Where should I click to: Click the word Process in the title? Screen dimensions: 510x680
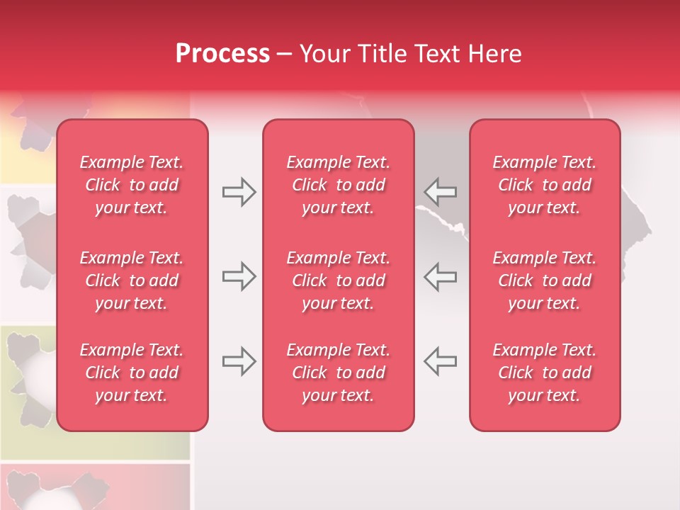[x=222, y=54]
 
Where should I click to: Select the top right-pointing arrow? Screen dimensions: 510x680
[x=239, y=192]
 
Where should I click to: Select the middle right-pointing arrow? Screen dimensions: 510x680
[x=239, y=276]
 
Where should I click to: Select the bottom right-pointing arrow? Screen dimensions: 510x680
[x=239, y=361]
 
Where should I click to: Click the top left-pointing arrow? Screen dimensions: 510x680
[x=441, y=192]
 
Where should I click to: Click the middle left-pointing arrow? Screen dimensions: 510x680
[x=441, y=276]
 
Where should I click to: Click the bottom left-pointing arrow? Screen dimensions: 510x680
[x=441, y=361]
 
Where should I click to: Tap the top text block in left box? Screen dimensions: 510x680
[x=132, y=185]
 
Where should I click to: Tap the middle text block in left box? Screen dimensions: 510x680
[x=132, y=280]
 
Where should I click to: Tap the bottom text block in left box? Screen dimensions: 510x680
[x=132, y=373]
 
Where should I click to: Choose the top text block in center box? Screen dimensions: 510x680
[x=339, y=185]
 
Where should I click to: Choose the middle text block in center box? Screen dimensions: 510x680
[x=339, y=280]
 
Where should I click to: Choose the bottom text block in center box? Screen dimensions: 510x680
[x=339, y=373]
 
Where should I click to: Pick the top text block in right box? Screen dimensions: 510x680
[x=545, y=185]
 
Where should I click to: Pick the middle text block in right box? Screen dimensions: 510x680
[x=545, y=280]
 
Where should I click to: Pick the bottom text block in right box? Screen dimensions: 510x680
[x=545, y=373]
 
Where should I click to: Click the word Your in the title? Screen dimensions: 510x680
[x=324, y=54]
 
